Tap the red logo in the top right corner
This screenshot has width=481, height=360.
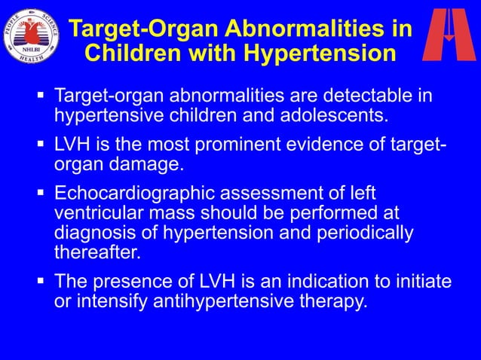(x=448, y=35)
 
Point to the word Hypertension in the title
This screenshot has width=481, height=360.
(x=322, y=53)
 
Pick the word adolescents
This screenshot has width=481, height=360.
(x=332, y=115)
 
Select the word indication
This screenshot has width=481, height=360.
(x=339, y=282)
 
